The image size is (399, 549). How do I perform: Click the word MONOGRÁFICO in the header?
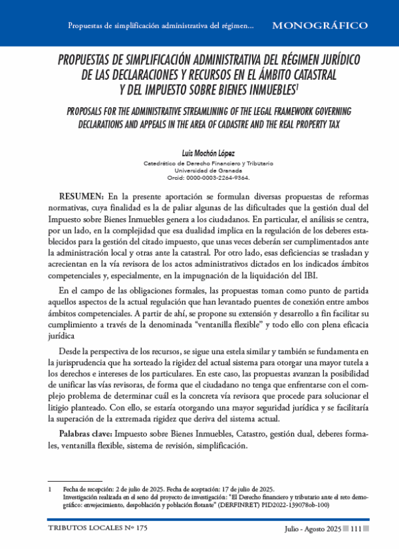[x=320, y=25]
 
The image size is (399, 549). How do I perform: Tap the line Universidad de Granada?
[x=199, y=170]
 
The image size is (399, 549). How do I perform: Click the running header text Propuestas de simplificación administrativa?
[x=160, y=26]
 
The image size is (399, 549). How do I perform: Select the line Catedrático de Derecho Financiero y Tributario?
[x=199, y=163]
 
